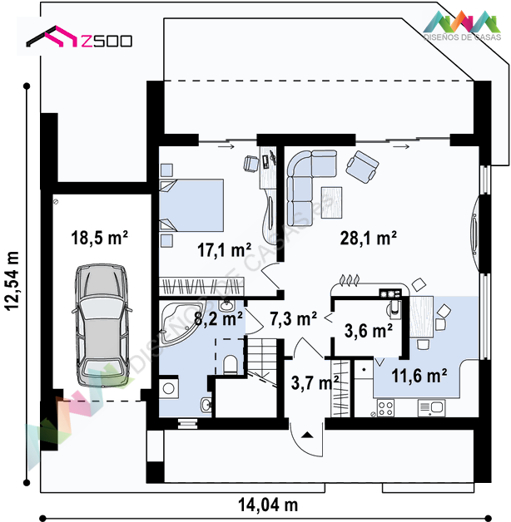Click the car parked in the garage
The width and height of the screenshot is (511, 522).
click(102, 326)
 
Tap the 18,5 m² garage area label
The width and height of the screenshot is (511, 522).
click(99, 238)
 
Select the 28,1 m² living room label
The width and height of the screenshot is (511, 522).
click(369, 238)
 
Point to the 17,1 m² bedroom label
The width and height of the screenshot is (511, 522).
click(225, 249)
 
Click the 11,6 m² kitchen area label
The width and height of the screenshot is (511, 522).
click(419, 376)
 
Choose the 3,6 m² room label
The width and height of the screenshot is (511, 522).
click(369, 331)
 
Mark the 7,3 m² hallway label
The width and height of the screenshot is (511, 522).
click(293, 318)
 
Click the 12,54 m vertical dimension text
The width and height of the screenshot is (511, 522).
click(12, 281)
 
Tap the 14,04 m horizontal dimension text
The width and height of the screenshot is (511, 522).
click(268, 505)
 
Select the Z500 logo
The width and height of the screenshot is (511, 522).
click(79, 37)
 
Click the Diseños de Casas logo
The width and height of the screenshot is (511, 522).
click(463, 26)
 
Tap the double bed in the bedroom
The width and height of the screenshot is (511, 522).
click(191, 205)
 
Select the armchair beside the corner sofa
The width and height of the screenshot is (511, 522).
click(362, 167)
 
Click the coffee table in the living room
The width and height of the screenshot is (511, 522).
click(331, 203)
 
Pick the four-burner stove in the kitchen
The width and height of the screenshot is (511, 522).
click(385, 408)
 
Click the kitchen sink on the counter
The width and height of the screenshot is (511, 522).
click(432, 408)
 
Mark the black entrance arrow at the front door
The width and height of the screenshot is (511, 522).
click(307, 435)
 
